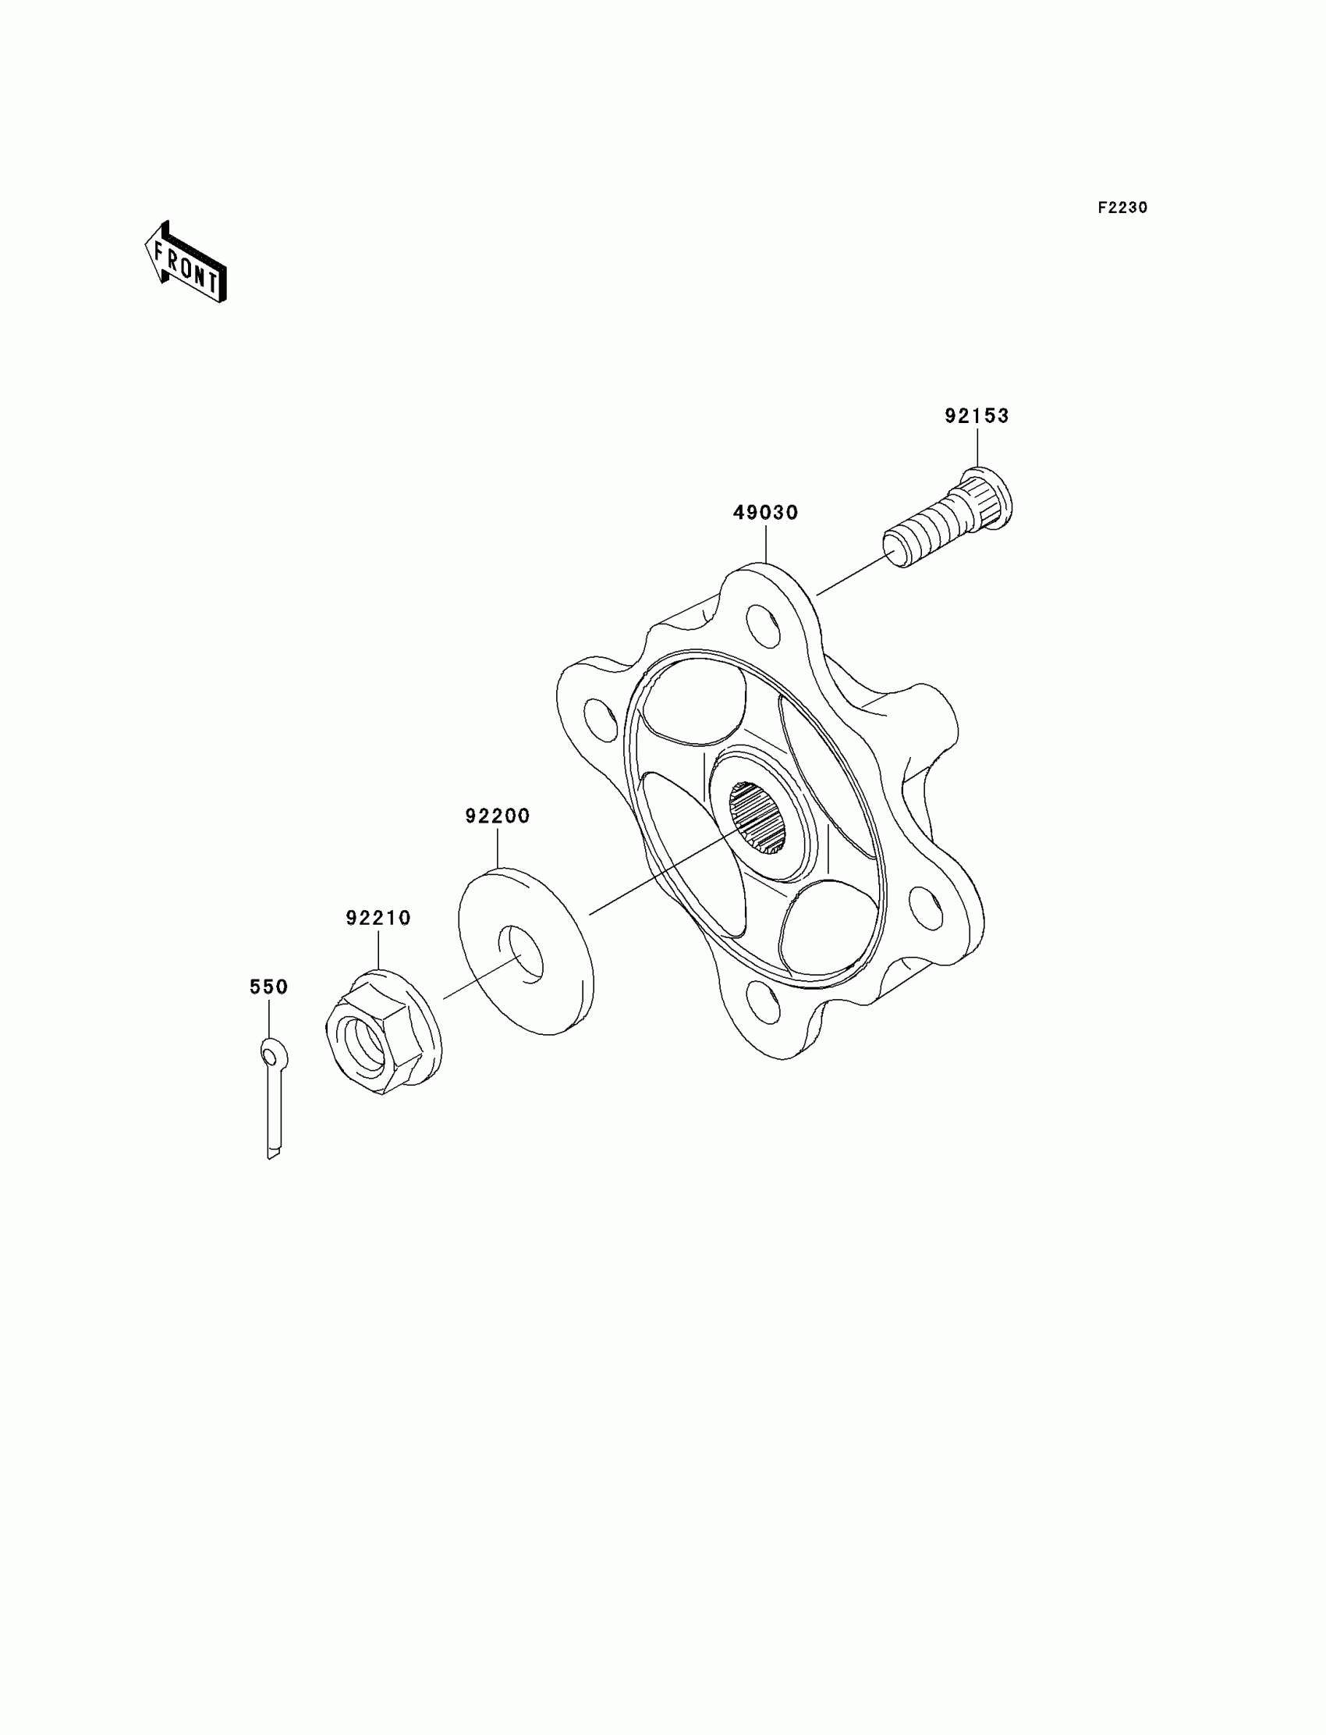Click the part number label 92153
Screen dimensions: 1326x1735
pos(977,416)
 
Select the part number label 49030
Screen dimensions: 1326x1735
pos(765,514)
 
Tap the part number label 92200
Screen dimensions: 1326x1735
pos(498,816)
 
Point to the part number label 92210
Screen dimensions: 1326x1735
pos(378,919)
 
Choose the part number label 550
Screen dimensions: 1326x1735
pos(268,987)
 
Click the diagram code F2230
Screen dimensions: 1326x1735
pos(1122,208)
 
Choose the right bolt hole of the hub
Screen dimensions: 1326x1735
pos(925,908)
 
